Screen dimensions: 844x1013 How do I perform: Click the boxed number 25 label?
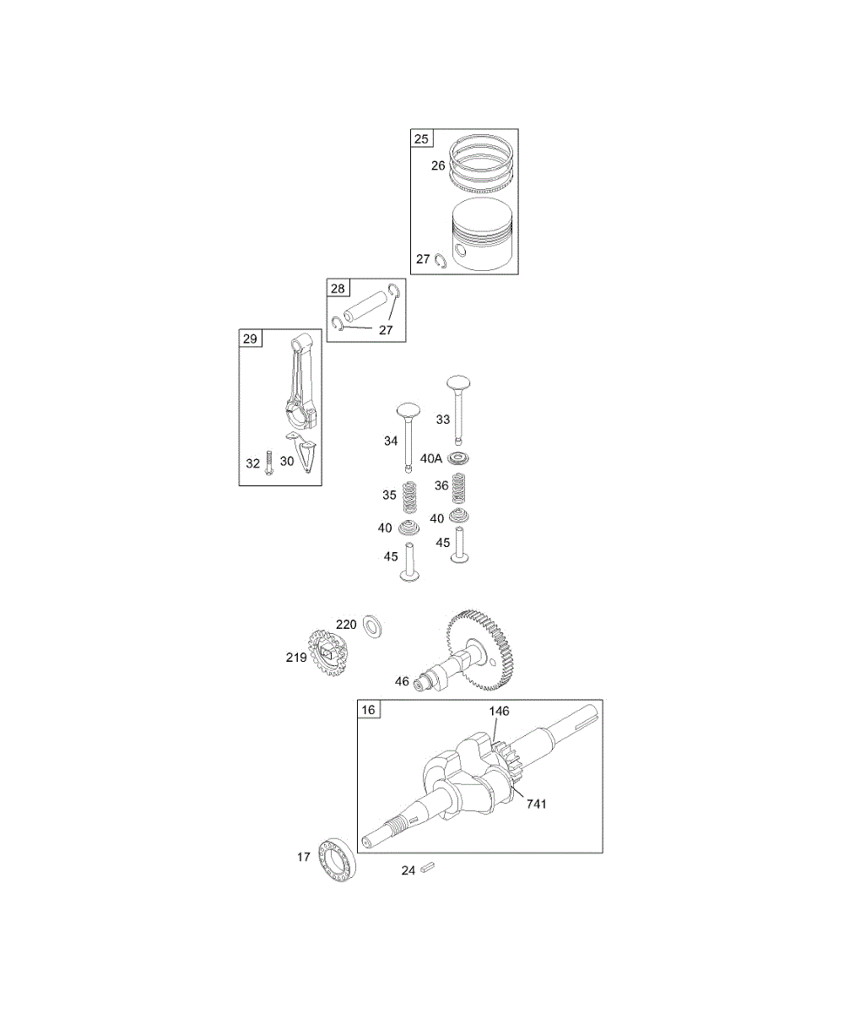click(x=421, y=139)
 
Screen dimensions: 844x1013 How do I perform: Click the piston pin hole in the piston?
click(x=460, y=251)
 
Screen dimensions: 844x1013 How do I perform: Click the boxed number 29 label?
click(x=251, y=339)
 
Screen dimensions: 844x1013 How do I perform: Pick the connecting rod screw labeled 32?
click(x=269, y=463)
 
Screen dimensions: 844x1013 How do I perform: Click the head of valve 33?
click(x=458, y=383)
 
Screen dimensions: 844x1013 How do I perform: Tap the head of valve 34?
click(x=408, y=411)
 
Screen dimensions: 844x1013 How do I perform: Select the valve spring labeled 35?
click(x=410, y=497)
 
